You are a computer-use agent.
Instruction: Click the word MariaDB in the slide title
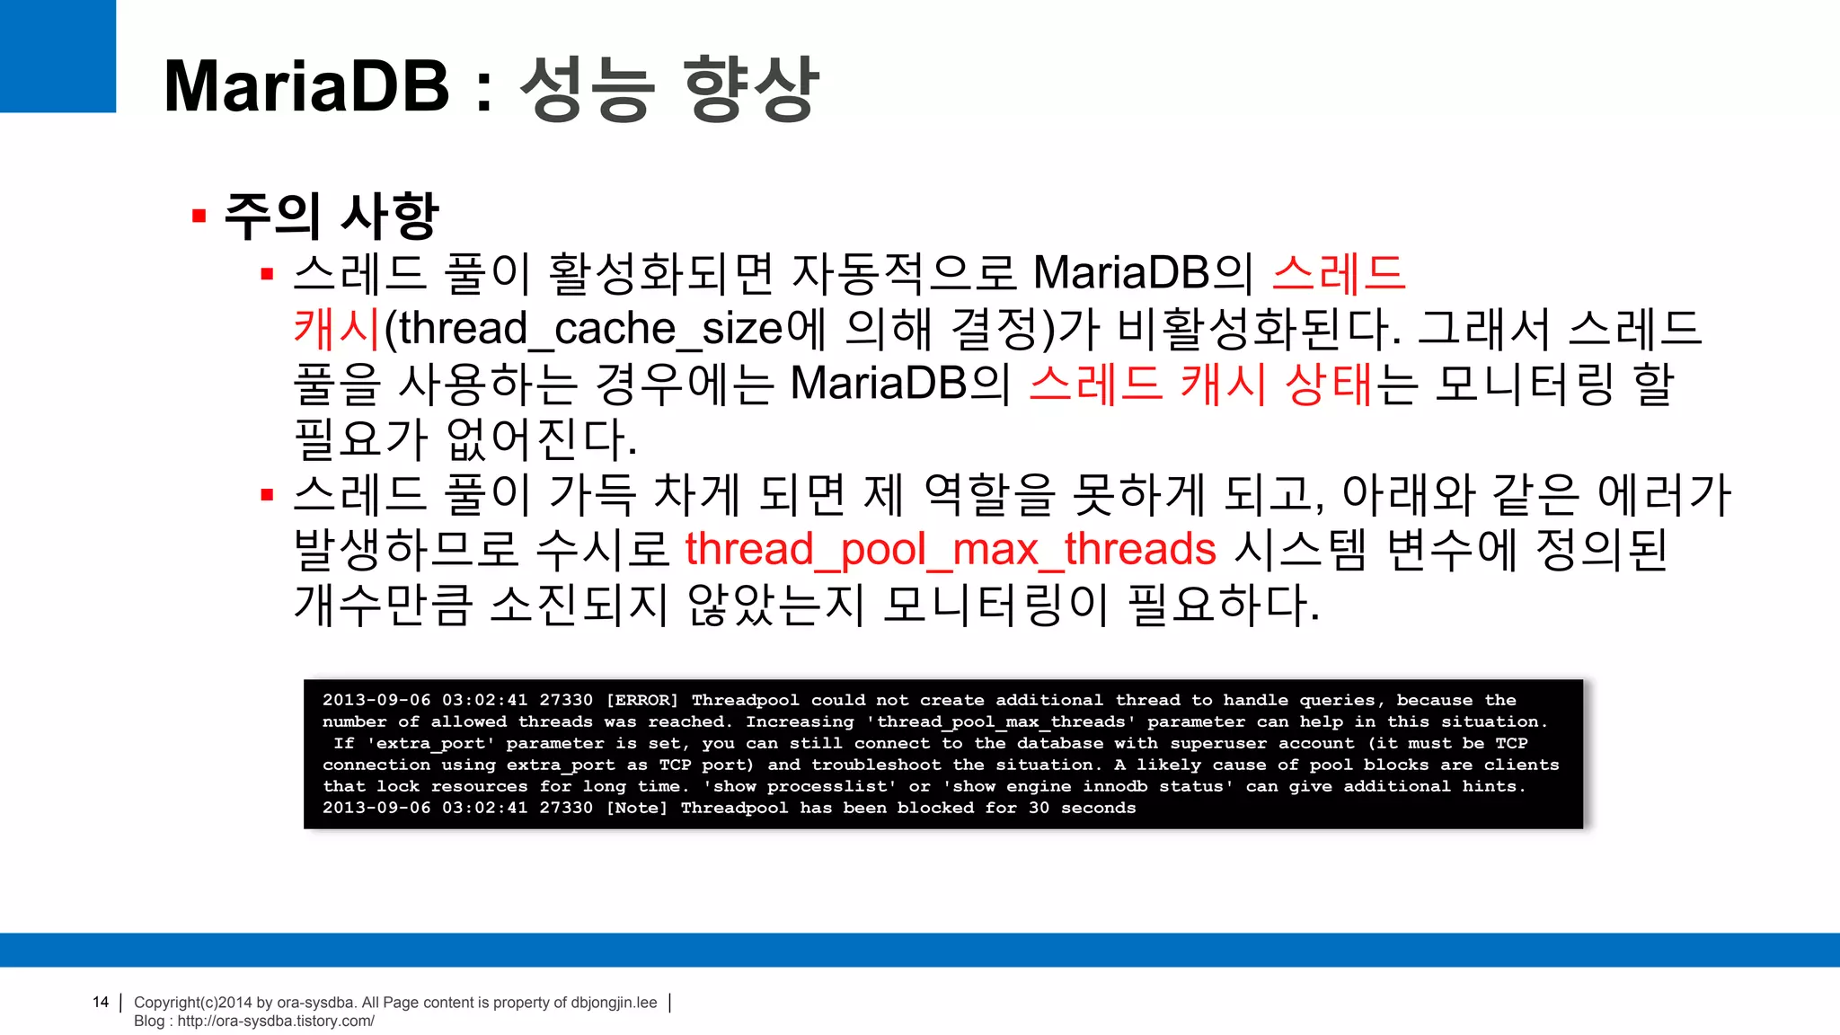point(306,86)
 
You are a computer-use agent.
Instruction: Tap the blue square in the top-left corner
point(57,56)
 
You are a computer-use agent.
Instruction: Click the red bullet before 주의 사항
point(199,217)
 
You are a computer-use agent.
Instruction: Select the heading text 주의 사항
point(331,217)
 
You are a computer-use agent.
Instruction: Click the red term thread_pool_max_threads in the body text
point(951,549)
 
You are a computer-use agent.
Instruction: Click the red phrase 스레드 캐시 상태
point(1201,384)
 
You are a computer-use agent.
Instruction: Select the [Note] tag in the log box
point(636,808)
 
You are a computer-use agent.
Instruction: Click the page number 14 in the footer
point(101,1002)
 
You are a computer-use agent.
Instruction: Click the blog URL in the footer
point(276,1021)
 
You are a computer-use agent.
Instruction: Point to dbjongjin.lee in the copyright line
point(614,1003)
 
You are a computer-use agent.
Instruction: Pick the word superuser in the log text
point(1218,743)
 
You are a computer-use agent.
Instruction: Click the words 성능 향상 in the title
point(669,86)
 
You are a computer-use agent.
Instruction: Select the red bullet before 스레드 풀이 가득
point(267,495)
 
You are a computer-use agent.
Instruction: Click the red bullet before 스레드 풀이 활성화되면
point(267,274)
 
